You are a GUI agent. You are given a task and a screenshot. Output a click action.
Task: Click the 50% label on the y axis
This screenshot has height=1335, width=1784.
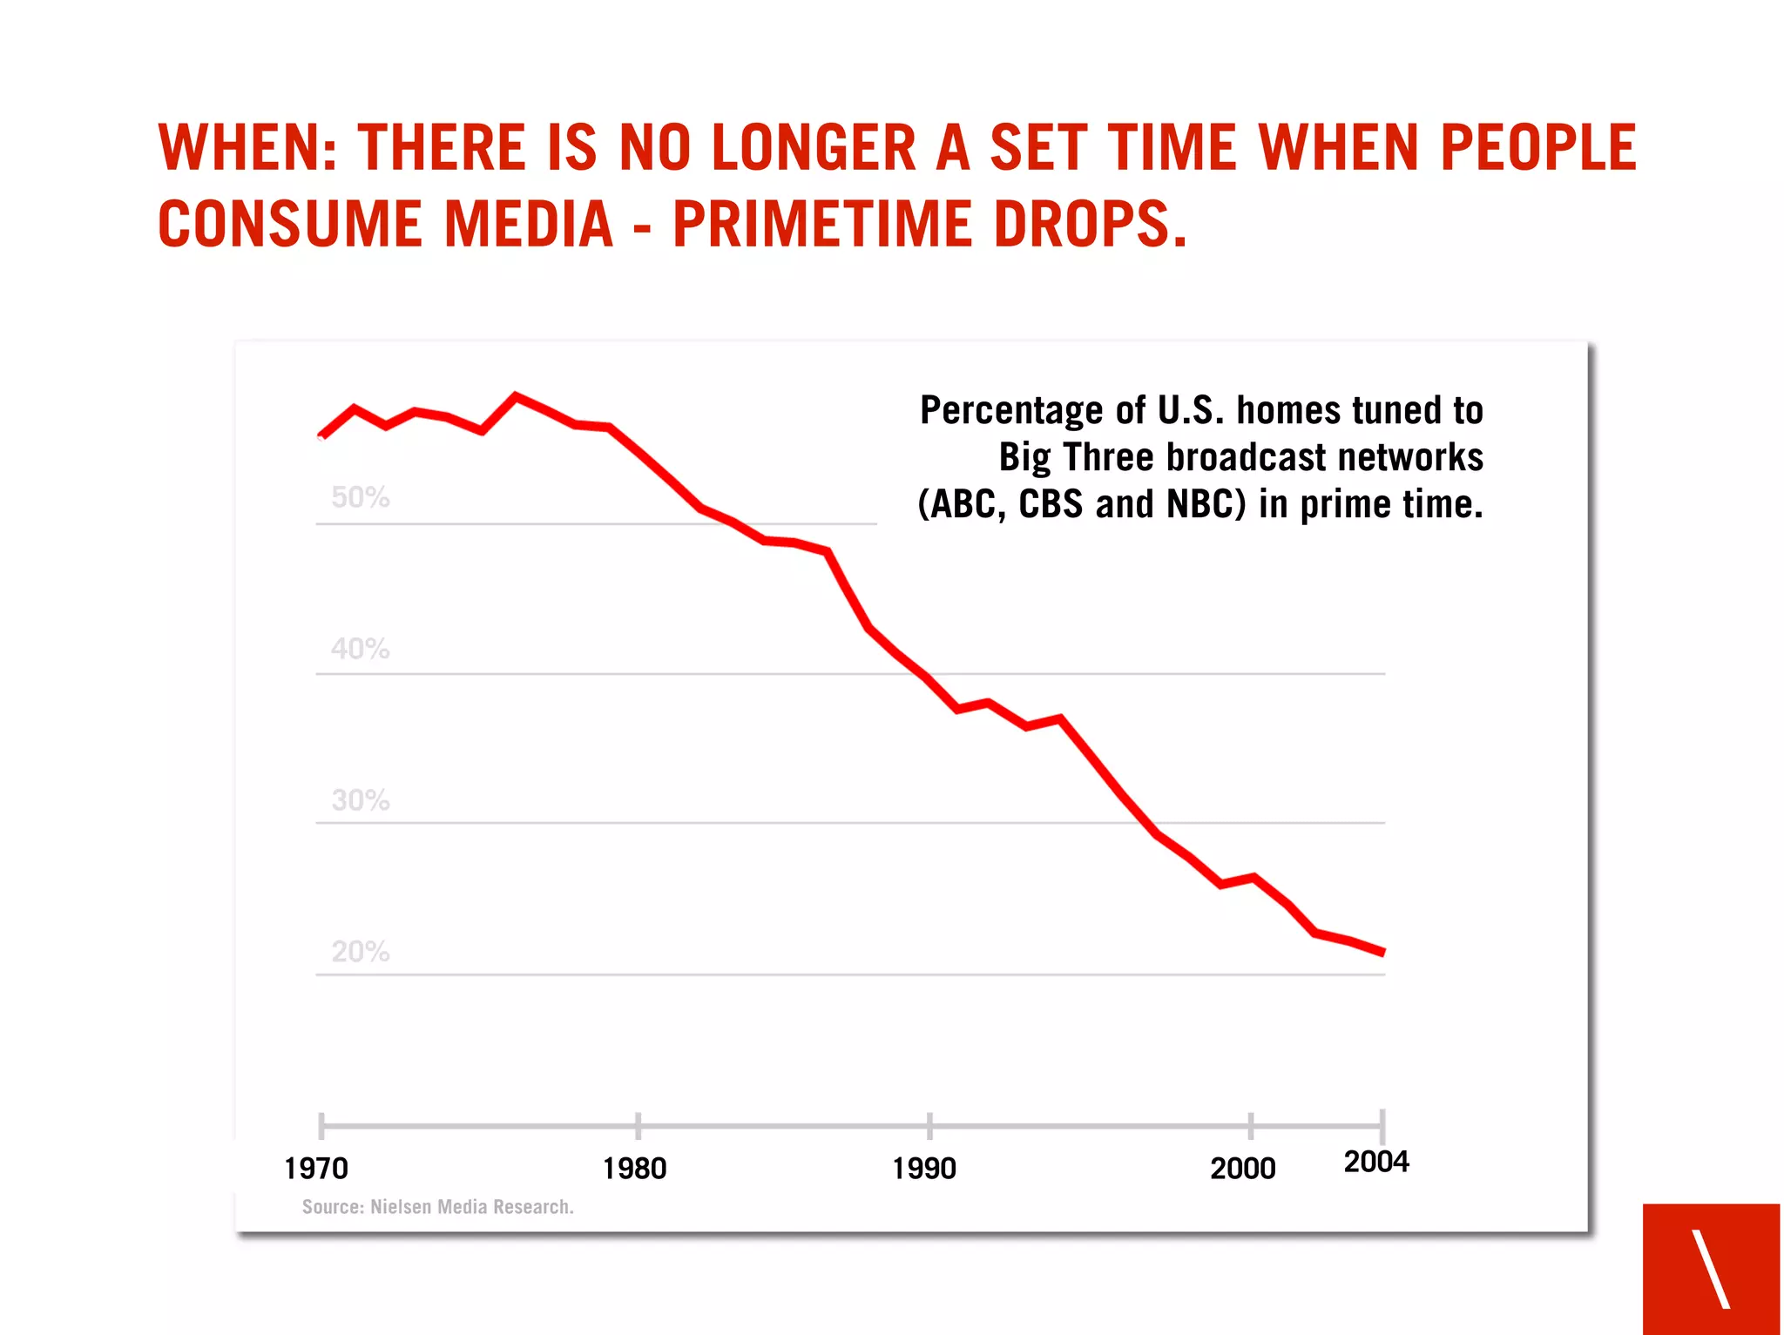(x=360, y=497)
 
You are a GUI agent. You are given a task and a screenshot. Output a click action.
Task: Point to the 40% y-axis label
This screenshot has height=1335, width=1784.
(x=360, y=649)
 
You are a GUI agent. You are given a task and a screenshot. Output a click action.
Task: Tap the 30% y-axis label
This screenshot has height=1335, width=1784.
(x=360, y=800)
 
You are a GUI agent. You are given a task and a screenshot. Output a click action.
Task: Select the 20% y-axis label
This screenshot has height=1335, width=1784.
(x=360, y=952)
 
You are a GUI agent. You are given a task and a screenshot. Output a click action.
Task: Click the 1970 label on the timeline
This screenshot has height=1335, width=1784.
(x=316, y=1169)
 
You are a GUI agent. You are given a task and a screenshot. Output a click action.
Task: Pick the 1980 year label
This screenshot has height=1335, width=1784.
(x=634, y=1169)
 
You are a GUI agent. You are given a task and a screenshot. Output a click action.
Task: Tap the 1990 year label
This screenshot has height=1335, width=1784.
(x=924, y=1169)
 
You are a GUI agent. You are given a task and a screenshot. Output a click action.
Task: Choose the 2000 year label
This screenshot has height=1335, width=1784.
(x=1243, y=1169)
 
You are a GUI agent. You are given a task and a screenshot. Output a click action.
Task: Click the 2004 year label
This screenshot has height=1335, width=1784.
(x=1376, y=1163)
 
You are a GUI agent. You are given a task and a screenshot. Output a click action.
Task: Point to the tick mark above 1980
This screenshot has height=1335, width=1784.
(x=639, y=1125)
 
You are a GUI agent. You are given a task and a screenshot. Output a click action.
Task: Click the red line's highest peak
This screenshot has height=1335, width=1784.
(x=516, y=396)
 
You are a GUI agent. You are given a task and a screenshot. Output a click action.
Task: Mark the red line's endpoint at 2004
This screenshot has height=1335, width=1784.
(x=1383, y=953)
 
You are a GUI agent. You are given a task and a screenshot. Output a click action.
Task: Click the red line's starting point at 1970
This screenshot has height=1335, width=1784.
(x=321, y=435)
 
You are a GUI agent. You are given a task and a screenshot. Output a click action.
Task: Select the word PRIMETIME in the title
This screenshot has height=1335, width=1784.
(x=822, y=225)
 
